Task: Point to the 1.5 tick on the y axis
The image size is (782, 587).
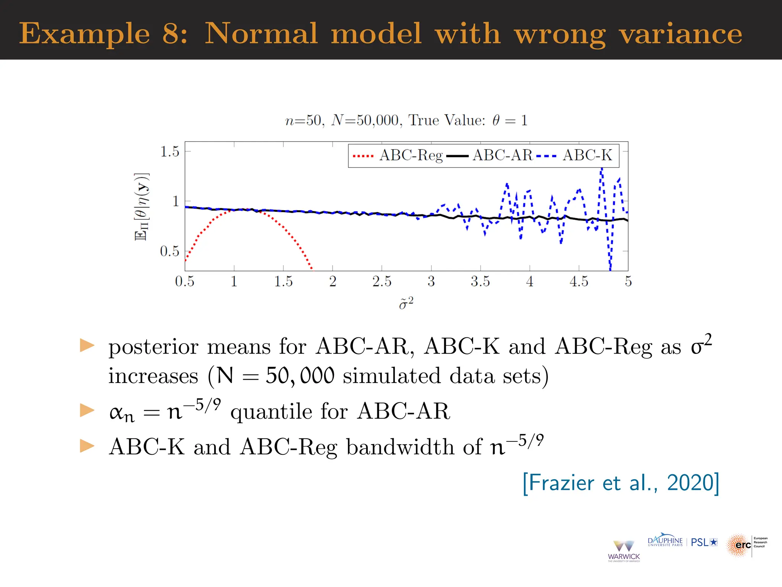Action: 170,152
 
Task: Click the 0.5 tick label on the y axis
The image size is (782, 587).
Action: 170,251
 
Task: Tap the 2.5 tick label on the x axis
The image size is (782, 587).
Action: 382,282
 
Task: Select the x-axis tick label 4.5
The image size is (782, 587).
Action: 579,282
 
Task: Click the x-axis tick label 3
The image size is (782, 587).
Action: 431,282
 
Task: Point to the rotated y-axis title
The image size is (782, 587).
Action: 142,207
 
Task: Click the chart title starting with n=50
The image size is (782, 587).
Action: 406,120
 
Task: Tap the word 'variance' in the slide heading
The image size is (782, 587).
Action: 680,34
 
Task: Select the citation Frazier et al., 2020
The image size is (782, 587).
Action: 621,483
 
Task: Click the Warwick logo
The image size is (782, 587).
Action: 624,551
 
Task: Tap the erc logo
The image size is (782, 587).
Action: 746,545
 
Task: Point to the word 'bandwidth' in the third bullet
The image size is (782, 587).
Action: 401,447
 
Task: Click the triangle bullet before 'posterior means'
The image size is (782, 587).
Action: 87,345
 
